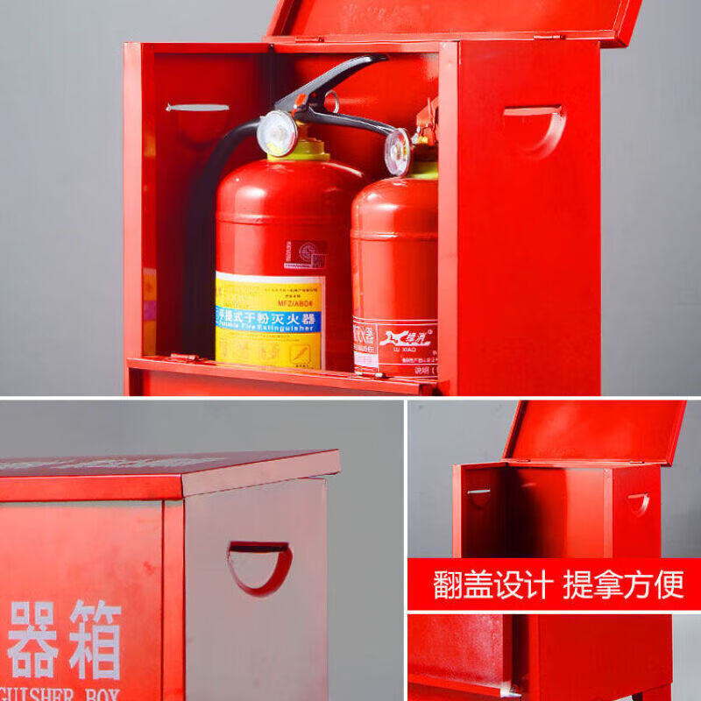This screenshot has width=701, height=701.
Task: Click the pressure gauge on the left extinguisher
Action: (277, 133)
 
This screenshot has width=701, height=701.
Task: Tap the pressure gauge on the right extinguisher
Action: (397, 152)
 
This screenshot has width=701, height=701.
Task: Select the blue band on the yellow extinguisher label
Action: (269, 320)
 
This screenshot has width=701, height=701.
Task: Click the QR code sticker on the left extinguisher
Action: (307, 255)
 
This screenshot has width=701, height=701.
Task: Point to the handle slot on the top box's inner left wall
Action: (197, 108)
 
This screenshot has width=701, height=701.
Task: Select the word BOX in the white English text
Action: (96, 694)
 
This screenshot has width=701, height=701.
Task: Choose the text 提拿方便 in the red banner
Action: (623, 584)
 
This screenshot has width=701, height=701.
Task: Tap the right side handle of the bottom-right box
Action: (639, 503)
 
